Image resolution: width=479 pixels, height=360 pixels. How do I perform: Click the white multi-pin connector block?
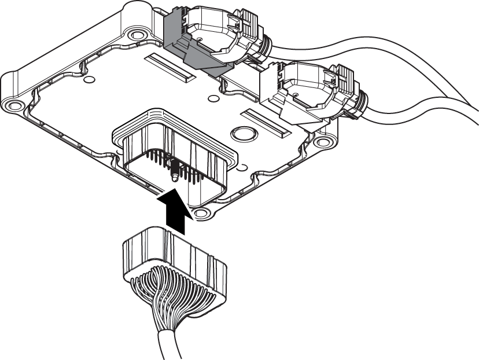pos(174,258)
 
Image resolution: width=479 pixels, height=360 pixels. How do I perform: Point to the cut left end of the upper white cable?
pos(272,52)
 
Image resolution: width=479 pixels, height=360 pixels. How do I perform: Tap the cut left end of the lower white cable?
pos(366,113)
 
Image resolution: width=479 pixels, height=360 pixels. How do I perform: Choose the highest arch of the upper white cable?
pos(370,42)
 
